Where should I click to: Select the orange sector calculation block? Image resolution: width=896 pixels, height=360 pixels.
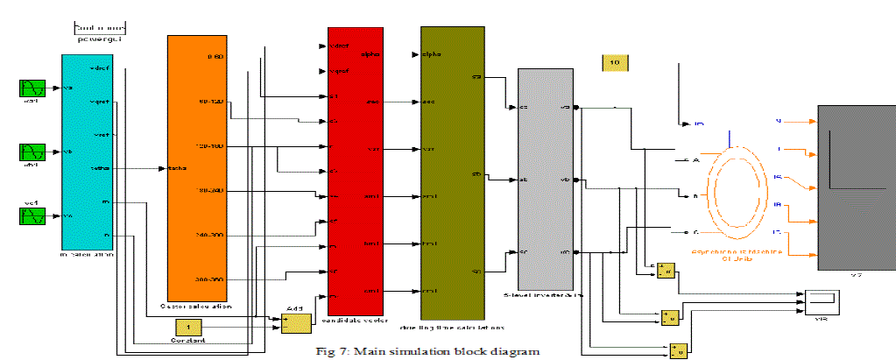point(198,166)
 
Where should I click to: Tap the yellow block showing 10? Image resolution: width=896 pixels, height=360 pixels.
point(614,62)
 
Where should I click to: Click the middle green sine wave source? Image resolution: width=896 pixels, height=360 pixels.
point(32,151)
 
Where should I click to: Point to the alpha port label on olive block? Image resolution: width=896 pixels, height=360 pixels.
point(431,54)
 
